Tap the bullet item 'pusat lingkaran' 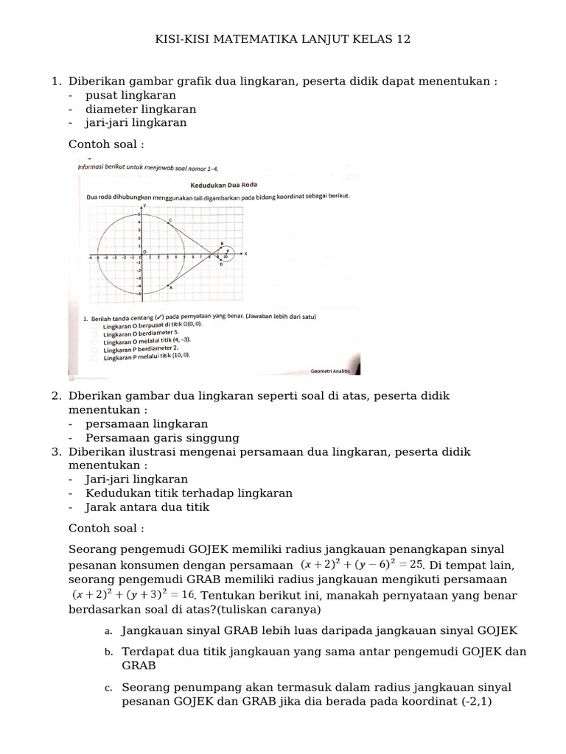(x=130, y=95)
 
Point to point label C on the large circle (x=171, y=219)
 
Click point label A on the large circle (x=171, y=288)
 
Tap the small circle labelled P (x=228, y=253)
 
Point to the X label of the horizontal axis (x=246, y=253)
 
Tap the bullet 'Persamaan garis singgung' (x=158, y=437)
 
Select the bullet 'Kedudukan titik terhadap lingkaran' (x=189, y=493)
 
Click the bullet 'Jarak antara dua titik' (x=147, y=507)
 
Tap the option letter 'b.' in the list (x=108, y=652)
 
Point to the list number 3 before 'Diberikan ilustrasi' (x=56, y=451)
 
